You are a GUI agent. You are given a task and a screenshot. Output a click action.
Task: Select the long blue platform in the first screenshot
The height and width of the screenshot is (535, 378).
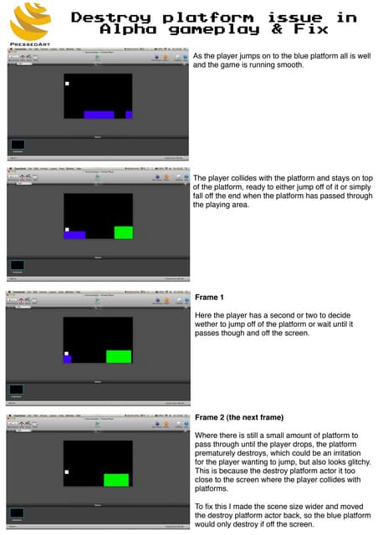tap(99, 115)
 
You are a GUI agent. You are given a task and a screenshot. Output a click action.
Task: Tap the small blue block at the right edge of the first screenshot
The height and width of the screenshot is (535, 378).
tap(129, 115)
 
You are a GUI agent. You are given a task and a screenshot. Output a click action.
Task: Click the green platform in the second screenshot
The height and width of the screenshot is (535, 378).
tap(124, 232)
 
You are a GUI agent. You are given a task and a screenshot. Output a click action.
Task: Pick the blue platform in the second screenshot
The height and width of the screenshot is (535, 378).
tap(75, 235)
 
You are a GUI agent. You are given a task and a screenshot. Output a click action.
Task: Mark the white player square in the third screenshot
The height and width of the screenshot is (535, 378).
tap(66, 353)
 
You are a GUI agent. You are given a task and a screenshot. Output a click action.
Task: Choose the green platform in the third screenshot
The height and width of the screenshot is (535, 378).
tap(118, 356)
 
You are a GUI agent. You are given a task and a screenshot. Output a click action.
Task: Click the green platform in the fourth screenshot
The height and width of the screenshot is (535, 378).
tap(115, 480)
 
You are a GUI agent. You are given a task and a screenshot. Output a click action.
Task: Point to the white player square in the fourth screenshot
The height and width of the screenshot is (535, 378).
tap(66, 472)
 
